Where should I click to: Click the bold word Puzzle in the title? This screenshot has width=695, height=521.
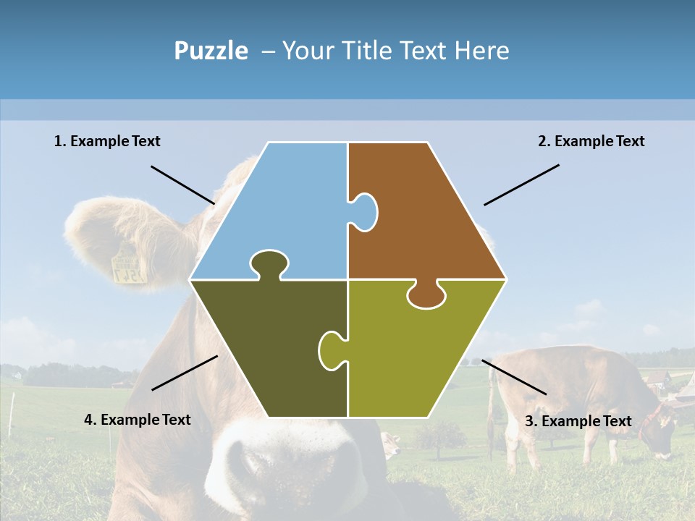point(211,51)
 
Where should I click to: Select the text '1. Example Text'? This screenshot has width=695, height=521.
point(107,141)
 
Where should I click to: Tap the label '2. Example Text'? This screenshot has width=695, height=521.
point(591,141)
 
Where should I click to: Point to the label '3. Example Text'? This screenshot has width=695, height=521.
point(578,421)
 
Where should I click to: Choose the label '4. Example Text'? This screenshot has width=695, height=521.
point(138,420)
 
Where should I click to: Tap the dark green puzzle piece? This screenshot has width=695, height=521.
point(275,347)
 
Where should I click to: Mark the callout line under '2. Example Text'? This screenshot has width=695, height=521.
point(521,185)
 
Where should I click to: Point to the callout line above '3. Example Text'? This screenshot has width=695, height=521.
point(514,377)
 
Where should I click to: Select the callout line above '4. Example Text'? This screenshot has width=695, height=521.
point(185,373)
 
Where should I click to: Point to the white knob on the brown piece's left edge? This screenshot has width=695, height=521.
point(364,212)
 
